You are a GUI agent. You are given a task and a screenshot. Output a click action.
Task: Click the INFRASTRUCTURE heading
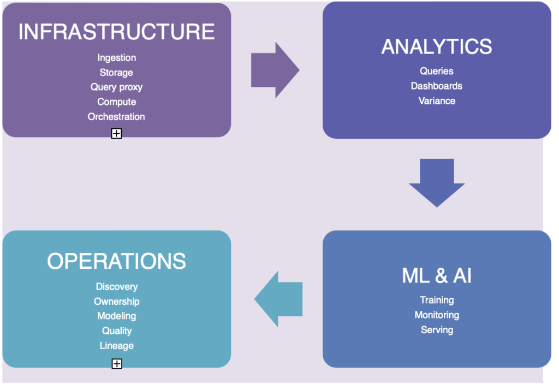[116, 32]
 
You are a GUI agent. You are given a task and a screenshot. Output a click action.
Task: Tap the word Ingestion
[116, 58]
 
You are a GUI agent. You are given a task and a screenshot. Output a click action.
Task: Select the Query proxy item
[116, 87]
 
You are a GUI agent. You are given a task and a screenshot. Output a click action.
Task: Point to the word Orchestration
[116, 117]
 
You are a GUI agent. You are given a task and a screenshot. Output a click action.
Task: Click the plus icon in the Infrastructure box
[116, 133]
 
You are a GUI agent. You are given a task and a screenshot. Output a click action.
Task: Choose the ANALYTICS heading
[437, 47]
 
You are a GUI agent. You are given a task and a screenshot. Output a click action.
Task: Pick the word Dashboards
[437, 86]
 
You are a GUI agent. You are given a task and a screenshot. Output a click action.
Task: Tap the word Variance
[437, 101]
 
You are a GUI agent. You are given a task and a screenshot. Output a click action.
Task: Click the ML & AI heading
[437, 276]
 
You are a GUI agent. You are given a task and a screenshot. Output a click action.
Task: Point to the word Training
[437, 300]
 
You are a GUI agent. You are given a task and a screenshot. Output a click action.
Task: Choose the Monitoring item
[437, 315]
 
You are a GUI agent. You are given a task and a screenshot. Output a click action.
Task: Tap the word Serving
[437, 330]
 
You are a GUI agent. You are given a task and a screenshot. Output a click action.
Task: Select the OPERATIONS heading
[116, 262]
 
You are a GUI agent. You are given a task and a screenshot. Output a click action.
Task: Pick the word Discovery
[116, 287]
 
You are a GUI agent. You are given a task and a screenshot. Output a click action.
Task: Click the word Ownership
[116, 302]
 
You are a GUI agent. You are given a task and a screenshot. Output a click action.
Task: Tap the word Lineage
[116, 346]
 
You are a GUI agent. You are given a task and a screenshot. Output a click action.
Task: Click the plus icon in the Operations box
[116, 364]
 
